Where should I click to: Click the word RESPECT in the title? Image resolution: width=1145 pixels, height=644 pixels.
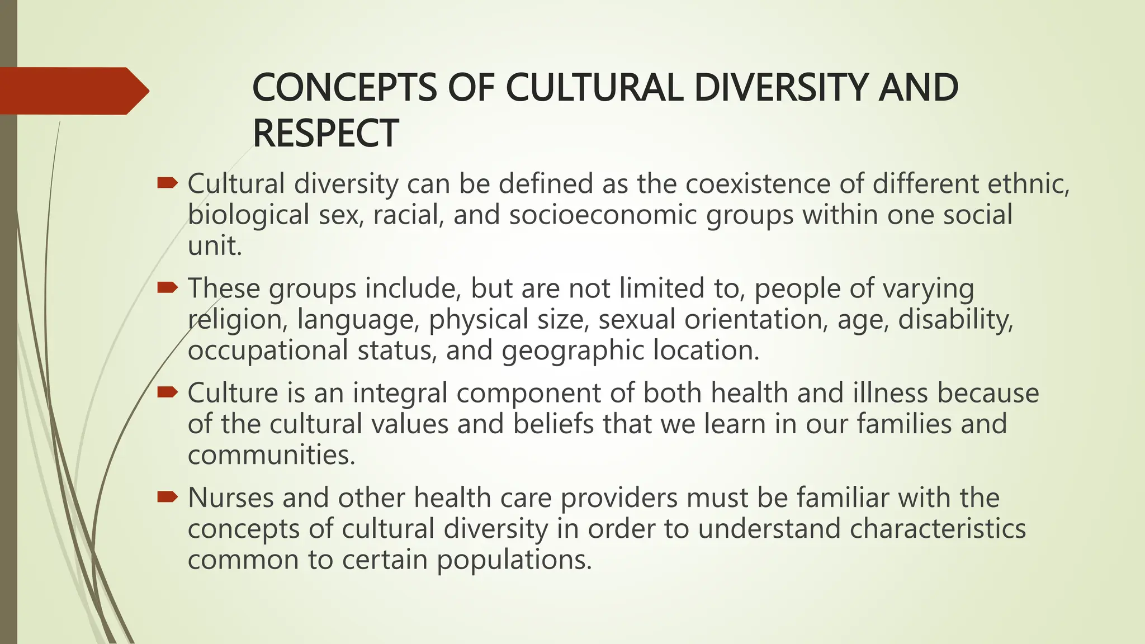325,134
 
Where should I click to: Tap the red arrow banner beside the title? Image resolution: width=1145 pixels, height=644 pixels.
73,91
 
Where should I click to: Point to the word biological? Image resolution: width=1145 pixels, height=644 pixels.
248,215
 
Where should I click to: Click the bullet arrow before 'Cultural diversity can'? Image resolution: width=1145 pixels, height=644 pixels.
167,182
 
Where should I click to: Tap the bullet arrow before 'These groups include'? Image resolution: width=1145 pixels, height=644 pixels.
167,287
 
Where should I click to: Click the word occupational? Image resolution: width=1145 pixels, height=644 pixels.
268,351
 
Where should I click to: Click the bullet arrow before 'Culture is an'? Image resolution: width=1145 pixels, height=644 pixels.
167,392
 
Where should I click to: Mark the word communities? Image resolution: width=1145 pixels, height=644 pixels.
271,454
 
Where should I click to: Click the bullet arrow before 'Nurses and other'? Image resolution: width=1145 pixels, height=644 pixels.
167,496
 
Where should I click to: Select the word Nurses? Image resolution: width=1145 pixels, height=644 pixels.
230,498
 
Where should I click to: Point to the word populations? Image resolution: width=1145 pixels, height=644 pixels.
514,560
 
